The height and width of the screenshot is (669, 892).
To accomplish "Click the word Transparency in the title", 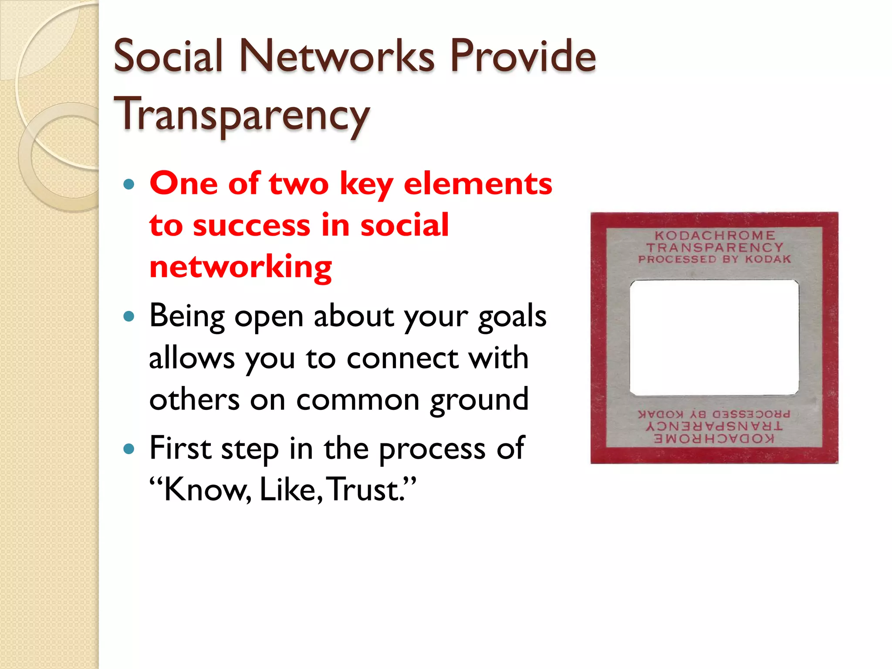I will (x=242, y=114).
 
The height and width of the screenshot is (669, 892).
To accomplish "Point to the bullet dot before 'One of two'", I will (x=128, y=184).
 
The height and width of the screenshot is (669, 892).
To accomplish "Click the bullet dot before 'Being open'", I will (x=128, y=316).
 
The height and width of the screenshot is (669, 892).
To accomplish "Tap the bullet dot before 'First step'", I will (x=128, y=449).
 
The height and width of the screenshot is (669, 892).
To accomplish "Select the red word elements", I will (x=478, y=183).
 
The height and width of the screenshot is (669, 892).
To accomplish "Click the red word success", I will (x=251, y=225).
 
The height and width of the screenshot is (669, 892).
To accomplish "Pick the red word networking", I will (x=240, y=267).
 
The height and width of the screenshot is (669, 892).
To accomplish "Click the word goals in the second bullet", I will (x=512, y=317).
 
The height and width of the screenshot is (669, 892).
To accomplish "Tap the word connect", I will (x=402, y=358).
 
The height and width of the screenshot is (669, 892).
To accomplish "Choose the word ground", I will (x=479, y=400).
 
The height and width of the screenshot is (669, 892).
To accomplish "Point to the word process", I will (x=432, y=449).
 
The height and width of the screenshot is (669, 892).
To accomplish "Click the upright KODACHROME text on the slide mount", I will (x=715, y=236).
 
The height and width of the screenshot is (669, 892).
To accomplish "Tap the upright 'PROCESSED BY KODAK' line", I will (x=714, y=259).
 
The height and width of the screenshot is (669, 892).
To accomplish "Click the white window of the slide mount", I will (x=714, y=338).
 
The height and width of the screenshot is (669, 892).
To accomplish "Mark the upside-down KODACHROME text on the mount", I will (x=714, y=439).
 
